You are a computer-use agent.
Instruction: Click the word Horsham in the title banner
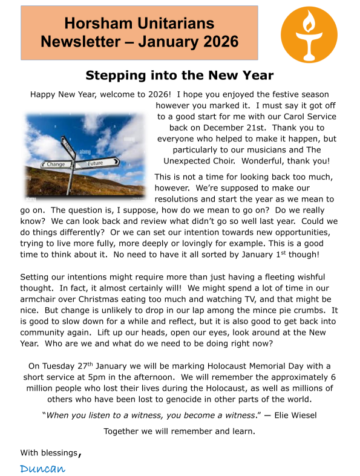click(x=97, y=24)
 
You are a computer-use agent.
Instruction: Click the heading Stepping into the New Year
click(x=180, y=76)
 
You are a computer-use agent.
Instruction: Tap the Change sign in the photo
click(x=55, y=164)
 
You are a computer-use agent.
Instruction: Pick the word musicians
click(x=254, y=149)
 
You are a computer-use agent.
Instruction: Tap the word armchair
click(x=40, y=299)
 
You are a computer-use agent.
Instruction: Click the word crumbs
click(x=309, y=310)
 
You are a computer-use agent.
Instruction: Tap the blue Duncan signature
click(x=42, y=468)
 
